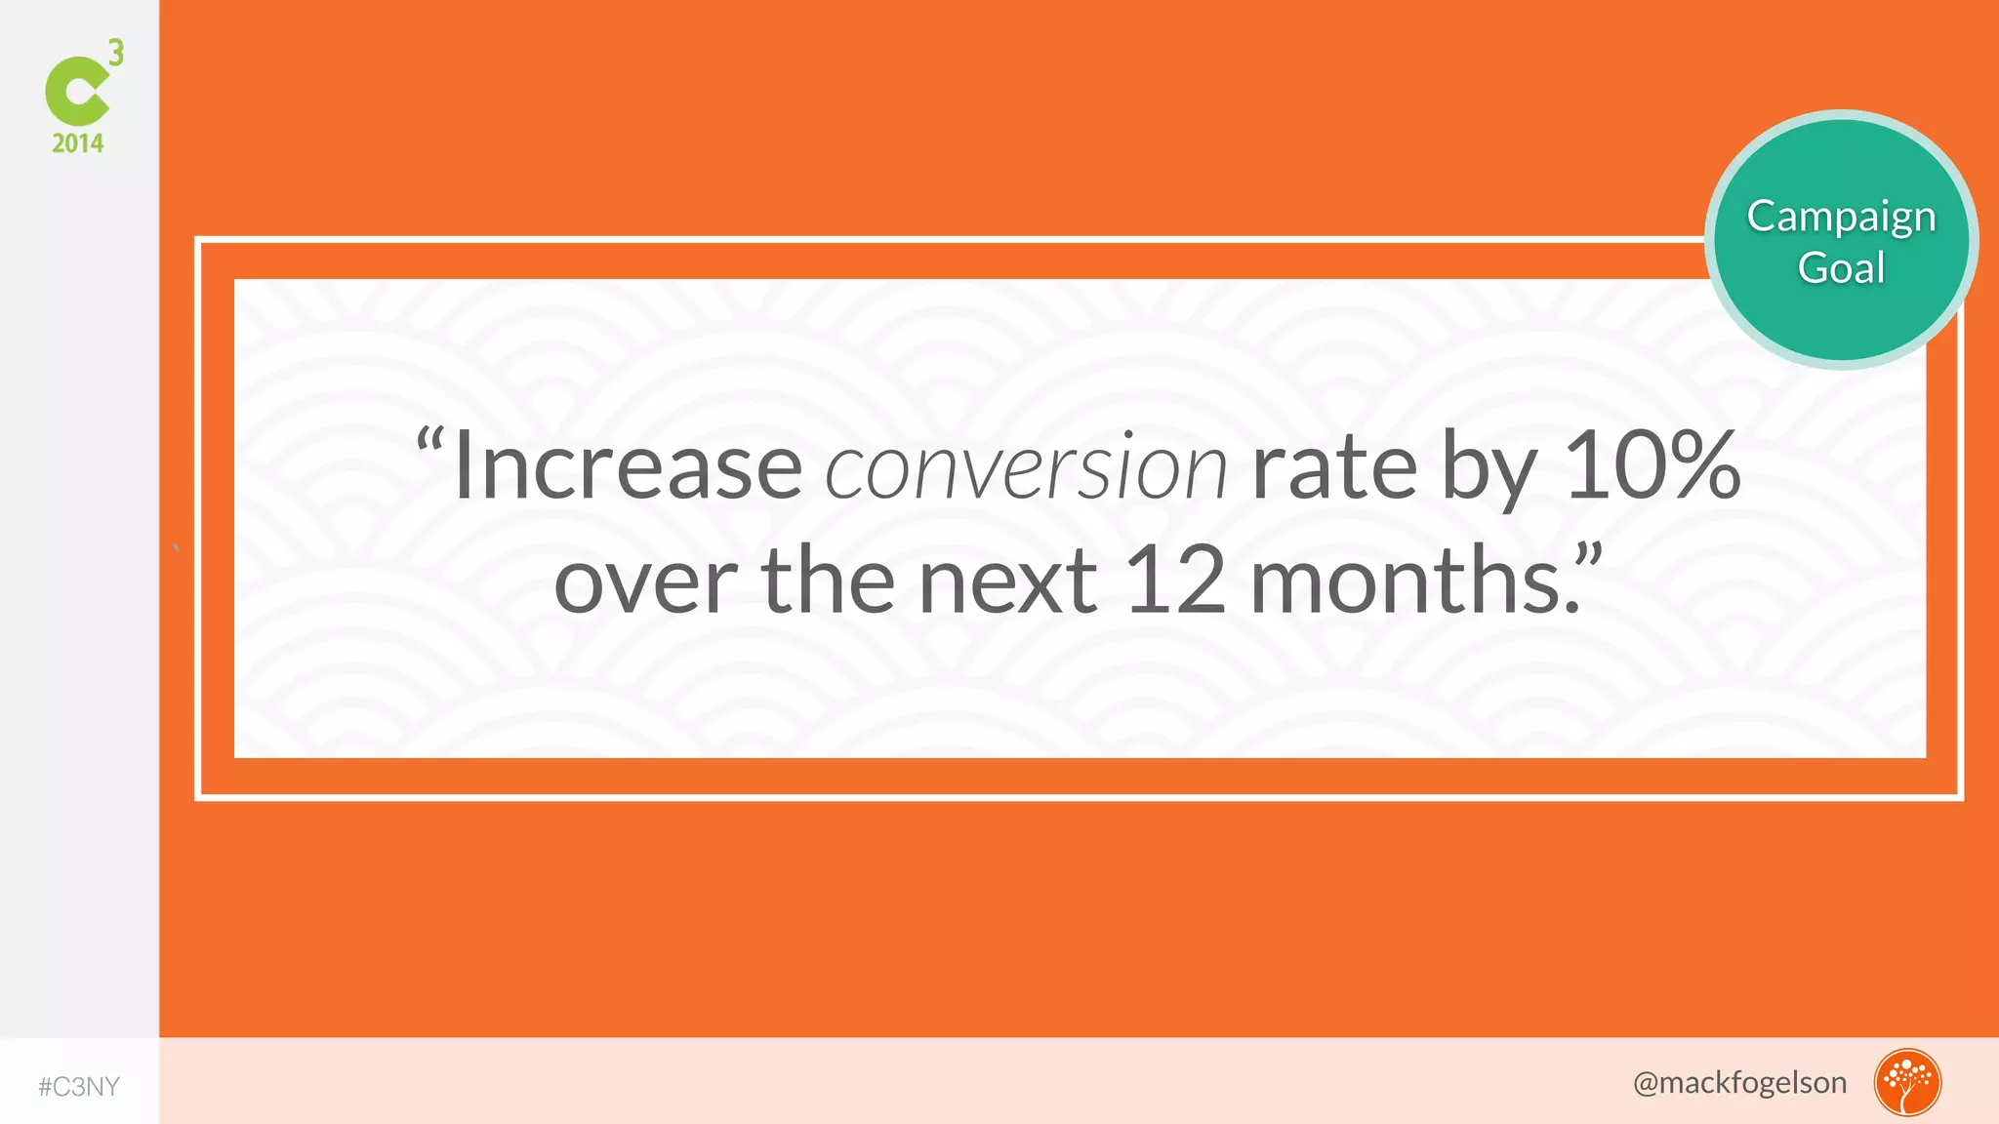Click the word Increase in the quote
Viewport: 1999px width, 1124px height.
(x=628, y=468)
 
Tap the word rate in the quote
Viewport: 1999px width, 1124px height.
(x=1333, y=468)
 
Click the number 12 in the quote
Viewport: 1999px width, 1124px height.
(x=1175, y=582)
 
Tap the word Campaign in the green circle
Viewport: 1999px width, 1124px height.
(x=1841, y=218)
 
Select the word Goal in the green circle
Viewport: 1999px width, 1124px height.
(x=1841, y=268)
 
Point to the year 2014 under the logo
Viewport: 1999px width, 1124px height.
(x=77, y=144)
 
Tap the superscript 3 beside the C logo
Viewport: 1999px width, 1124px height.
(x=116, y=53)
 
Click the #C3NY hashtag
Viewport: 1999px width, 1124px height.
(x=79, y=1087)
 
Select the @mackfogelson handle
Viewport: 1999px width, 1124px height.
(x=1739, y=1083)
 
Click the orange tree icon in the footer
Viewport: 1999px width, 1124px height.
(x=1907, y=1082)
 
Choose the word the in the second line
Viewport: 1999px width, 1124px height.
(x=828, y=582)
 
